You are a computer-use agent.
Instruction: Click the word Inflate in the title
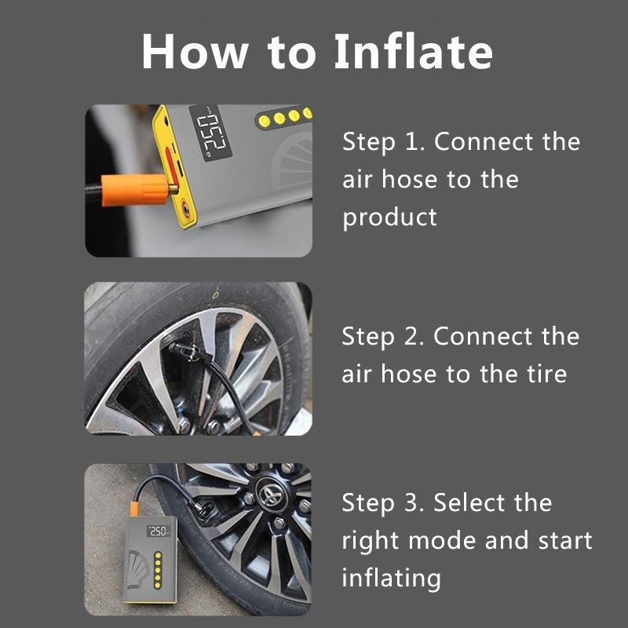coord(414,51)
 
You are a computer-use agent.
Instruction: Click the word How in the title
coord(195,52)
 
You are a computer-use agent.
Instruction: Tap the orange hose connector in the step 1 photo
coord(135,189)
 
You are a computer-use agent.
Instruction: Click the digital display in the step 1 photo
coord(210,133)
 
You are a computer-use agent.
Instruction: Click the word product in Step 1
coord(389,217)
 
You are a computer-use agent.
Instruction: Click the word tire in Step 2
coord(547,374)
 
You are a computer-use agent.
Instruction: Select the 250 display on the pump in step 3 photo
coord(159,531)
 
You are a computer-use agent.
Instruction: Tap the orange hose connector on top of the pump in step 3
coord(134,509)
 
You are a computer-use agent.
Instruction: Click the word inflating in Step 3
coord(391,579)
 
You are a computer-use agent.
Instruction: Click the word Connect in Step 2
coord(482,336)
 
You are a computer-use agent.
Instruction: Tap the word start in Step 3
coord(565,541)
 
